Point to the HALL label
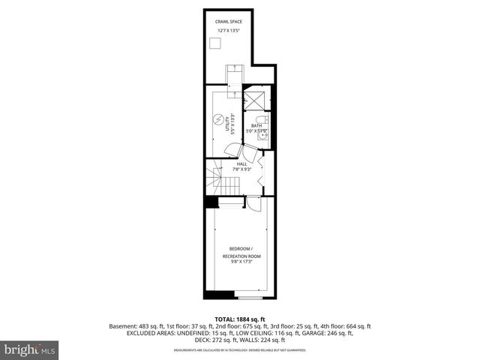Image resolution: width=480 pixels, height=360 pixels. (241, 163)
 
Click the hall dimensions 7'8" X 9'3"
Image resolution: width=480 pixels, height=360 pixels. (241, 169)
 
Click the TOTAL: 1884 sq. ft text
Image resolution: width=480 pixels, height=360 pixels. (240, 319)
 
